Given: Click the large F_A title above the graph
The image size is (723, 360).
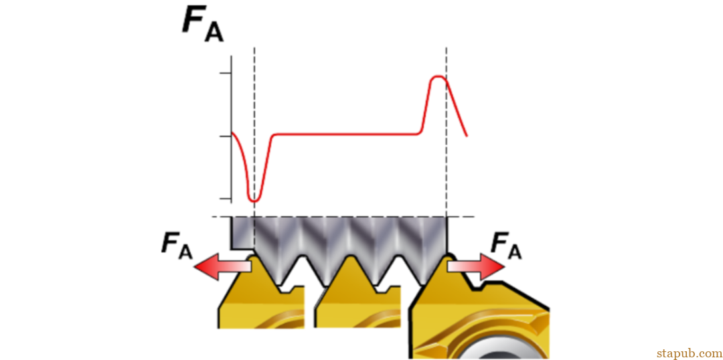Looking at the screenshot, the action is click(x=203, y=24).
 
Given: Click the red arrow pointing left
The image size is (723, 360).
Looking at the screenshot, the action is click(x=223, y=268).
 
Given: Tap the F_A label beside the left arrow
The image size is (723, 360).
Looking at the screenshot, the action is click(x=177, y=246).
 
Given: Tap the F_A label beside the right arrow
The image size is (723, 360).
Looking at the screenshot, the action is click(x=506, y=246).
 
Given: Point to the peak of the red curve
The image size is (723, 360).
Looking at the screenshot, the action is click(x=438, y=76).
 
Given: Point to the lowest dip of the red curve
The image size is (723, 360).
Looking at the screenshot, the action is click(x=254, y=201).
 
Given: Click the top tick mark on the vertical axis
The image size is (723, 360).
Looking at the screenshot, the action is click(x=225, y=74).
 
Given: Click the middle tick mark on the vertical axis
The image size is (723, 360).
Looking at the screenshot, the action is click(x=225, y=137).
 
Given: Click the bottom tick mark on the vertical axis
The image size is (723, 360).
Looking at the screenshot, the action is click(x=225, y=199).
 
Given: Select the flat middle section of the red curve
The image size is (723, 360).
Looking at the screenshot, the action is click(x=346, y=134).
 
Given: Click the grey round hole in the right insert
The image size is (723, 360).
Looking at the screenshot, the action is click(x=503, y=351).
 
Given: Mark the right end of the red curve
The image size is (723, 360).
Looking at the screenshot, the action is click(x=467, y=136).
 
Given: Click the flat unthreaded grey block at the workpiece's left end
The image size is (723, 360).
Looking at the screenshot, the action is click(x=242, y=234).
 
